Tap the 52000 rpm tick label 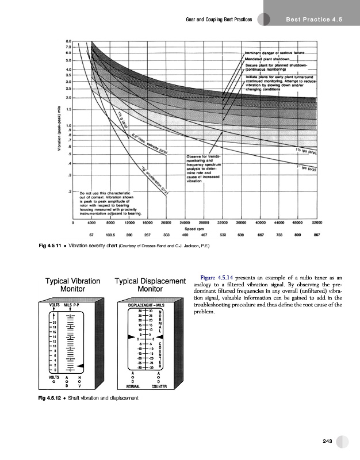click(317, 221)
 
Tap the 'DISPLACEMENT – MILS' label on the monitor click(148, 304)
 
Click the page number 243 click(328, 440)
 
